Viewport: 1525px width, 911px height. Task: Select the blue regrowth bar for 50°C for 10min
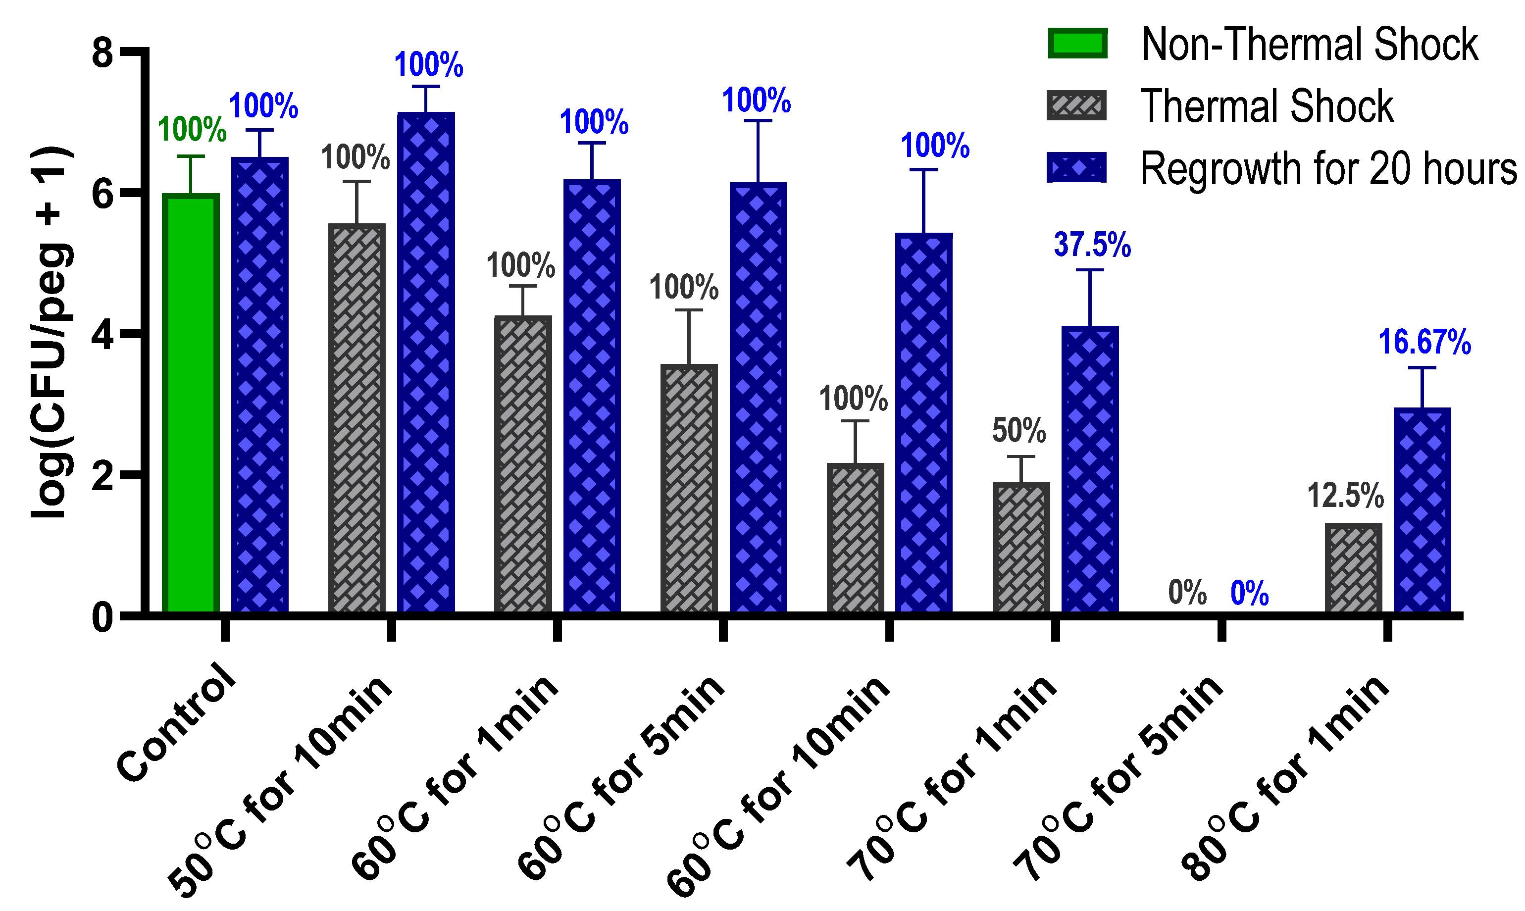coord(426,362)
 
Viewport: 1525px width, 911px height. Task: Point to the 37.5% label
coord(1092,245)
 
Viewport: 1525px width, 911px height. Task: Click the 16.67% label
coord(1424,342)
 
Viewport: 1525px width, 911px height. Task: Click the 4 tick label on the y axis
coord(102,335)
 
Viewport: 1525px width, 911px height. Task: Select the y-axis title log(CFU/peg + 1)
coord(51,332)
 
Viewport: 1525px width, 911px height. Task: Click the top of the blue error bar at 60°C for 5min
coord(758,121)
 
